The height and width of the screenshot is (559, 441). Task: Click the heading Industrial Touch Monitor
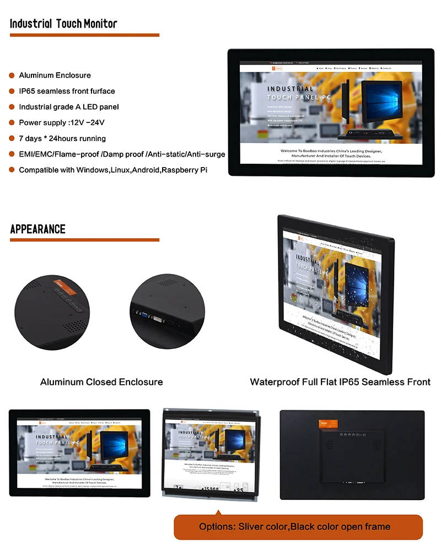point(63,24)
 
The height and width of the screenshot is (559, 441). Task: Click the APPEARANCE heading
point(38,229)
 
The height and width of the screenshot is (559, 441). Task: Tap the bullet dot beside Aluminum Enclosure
point(12,76)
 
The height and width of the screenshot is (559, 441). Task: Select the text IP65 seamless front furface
point(67,91)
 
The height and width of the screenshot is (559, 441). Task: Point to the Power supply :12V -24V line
point(61,122)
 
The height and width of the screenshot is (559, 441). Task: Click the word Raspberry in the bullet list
point(177,170)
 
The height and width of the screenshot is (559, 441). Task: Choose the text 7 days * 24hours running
point(62,138)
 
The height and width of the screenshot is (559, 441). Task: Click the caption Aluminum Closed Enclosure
point(101,382)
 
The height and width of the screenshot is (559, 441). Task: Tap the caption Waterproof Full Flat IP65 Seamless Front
point(340,382)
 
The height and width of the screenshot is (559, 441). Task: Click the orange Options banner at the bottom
point(298,527)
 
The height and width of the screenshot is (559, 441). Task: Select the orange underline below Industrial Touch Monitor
point(84,35)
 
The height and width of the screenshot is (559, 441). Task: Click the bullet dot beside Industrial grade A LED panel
point(12,107)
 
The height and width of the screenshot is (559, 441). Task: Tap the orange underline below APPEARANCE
point(84,240)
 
